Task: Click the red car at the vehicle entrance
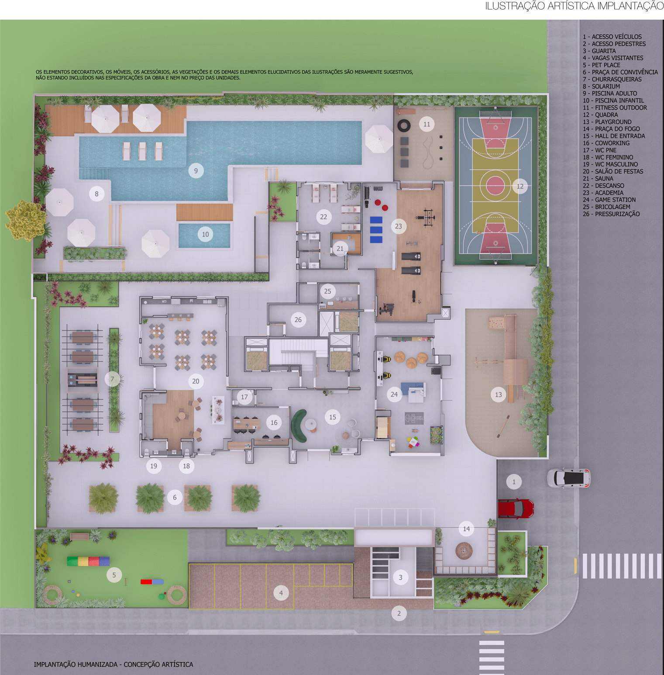point(516,509)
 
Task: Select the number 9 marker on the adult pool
point(196,171)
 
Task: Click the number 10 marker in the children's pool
point(205,234)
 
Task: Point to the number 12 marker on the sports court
point(520,186)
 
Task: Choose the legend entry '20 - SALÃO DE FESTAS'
point(613,171)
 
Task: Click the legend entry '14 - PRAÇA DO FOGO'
point(611,129)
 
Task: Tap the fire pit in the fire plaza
point(464,550)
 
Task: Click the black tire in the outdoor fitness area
point(404,126)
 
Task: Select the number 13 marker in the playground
point(499,395)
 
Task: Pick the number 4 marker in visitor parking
point(281,593)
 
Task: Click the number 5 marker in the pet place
point(114,575)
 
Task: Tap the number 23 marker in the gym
point(398,226)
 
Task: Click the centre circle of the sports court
point(495,185)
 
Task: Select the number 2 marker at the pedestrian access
point(399,613)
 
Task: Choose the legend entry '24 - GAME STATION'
point(609,200)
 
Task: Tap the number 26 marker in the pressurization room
point(298,320)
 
